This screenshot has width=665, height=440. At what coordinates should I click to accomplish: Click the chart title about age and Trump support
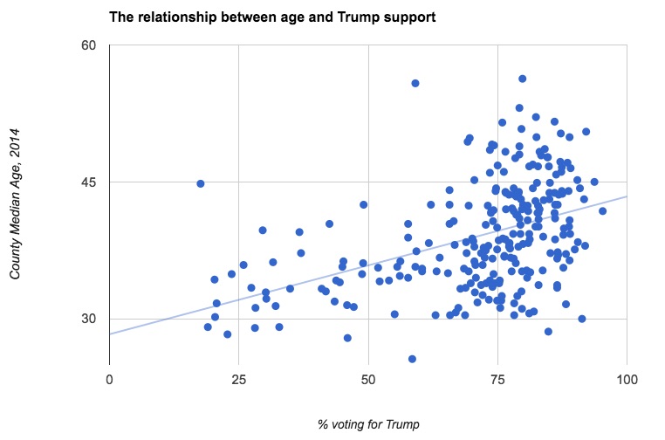point(271,17)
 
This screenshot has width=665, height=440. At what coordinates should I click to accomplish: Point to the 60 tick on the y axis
point(89,45)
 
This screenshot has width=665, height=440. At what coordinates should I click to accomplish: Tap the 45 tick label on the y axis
point(89,182)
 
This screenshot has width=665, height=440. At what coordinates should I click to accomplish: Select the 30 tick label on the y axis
point(89,319)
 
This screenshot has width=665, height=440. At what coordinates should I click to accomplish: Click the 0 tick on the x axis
point(109,379)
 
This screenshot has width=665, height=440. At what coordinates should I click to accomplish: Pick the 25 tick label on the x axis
point(238,379)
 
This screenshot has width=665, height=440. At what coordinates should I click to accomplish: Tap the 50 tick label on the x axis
point(368,379)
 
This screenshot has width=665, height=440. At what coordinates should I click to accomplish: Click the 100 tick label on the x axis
point(626,379)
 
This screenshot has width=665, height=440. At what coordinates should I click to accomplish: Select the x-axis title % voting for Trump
point(367,424)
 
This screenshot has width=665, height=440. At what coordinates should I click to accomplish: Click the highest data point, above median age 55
point(522,79)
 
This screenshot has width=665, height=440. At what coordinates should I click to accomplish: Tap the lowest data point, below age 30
point(412,359)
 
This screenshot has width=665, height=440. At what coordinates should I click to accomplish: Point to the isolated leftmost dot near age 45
point(201,183)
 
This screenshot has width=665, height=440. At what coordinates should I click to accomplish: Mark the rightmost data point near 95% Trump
point(602,211)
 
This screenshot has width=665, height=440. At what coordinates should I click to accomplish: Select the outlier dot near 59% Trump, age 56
point(415,83)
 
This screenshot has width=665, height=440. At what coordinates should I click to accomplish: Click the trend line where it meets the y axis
point(110,333)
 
